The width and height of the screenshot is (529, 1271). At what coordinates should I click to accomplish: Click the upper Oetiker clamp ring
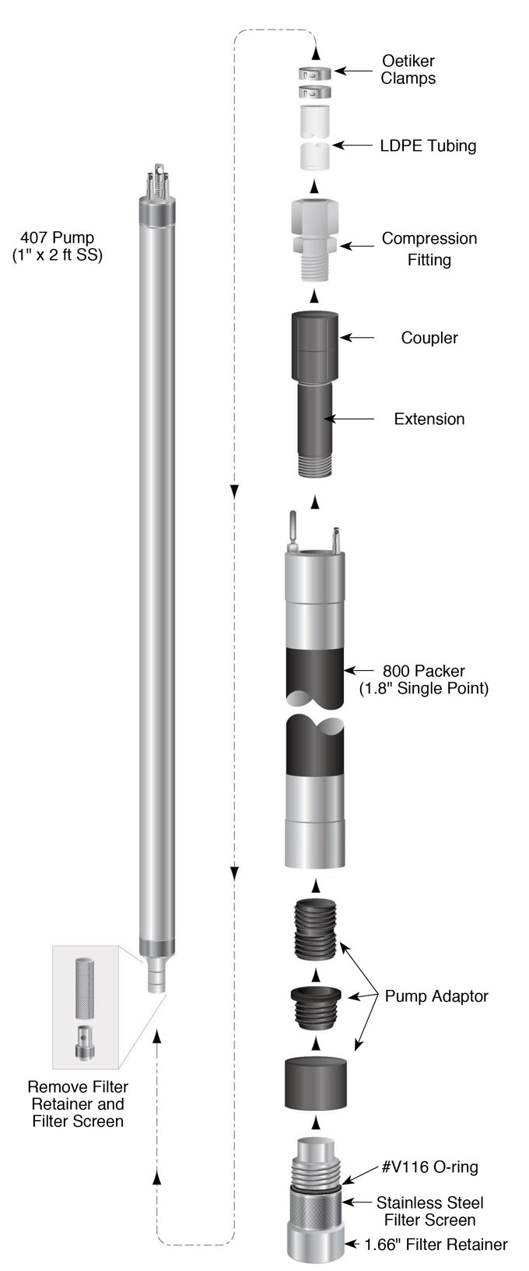pyautogui.click(x=314, y=74)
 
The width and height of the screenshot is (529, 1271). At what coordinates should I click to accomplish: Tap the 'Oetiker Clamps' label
pyautogui.click(x=408, y=69)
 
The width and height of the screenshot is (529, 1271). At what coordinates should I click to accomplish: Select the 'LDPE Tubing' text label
pyautogui.click(x=428, y=146)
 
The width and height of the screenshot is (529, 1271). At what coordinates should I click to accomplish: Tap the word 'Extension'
pyautogui.click(x=429, y=419)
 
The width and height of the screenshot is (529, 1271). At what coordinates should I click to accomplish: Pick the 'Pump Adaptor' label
pyautogui.click(x=436, y=996)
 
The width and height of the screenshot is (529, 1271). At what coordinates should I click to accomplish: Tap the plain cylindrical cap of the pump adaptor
pyautogui.click(x=315, y=1083)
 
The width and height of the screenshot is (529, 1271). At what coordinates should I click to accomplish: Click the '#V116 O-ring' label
pyautogui.click(x=430, y=1167)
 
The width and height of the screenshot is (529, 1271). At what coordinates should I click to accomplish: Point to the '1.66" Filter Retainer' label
pyautogui.click(x=436, y=1245)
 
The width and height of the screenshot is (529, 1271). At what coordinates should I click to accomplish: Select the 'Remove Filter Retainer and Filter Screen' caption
pyautogui.click(x=78, y=1104)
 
